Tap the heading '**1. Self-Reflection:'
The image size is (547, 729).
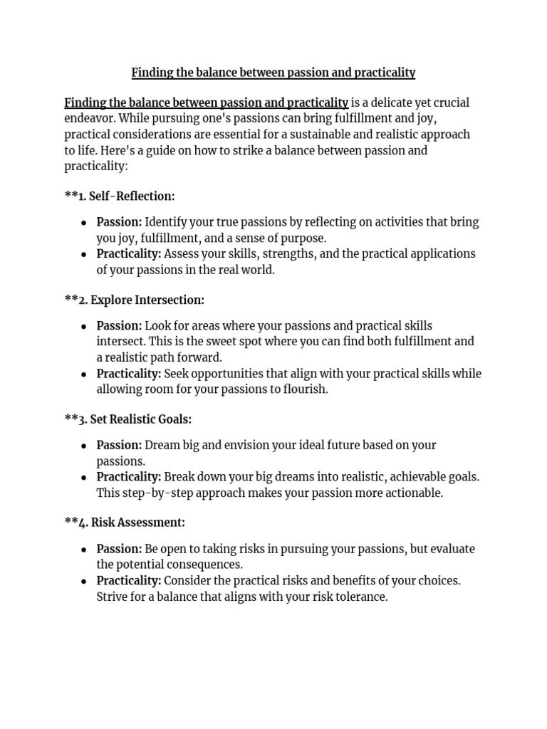click(x=119, y=196)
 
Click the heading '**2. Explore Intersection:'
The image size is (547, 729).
click(x=134, y=300)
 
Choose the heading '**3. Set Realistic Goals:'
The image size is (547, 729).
click(x=127, y=419)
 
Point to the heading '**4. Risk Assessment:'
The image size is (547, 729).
click(x=125, y=523)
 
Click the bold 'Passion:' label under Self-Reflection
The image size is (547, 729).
click(x=119, y=222)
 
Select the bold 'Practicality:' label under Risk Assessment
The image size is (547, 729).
click(x=129, y=581)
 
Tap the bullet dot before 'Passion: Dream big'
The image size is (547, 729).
click(x=84, y=446)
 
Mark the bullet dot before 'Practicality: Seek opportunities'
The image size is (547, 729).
click(x=84, y=374)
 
